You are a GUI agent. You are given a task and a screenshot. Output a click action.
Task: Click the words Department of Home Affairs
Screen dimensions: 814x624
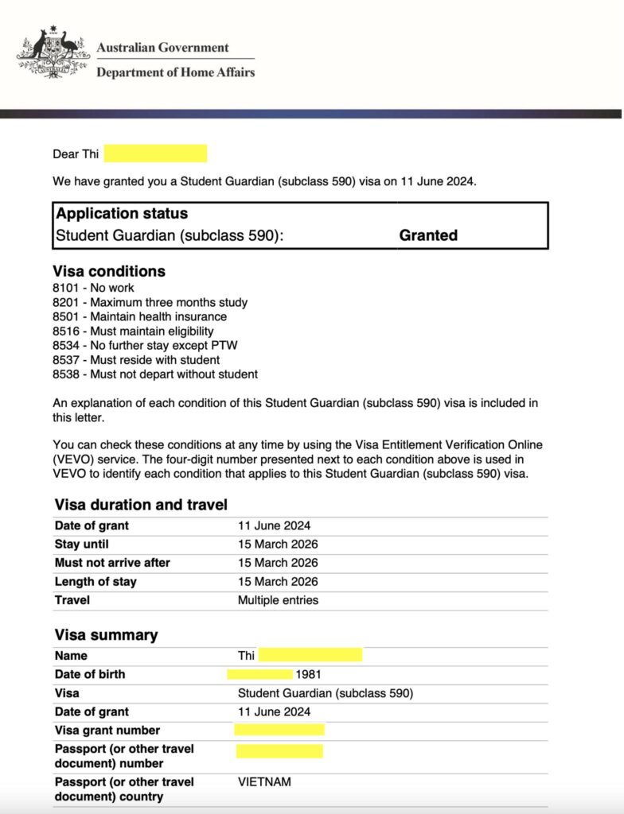175,72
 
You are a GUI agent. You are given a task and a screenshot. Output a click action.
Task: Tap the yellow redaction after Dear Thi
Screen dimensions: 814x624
155,153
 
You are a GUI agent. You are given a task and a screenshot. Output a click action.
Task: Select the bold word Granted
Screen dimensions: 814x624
428,235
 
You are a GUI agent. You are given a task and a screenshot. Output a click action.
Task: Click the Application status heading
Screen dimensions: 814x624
122,214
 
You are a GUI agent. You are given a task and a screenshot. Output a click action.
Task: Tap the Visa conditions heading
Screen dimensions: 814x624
109,271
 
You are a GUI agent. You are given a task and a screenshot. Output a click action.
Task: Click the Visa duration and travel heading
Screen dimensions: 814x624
141,505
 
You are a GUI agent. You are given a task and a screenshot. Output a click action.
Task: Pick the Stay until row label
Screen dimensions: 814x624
81,545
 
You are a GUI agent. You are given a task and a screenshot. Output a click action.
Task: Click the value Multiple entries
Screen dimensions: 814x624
278,600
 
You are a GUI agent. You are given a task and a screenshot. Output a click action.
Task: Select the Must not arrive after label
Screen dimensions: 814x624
112,563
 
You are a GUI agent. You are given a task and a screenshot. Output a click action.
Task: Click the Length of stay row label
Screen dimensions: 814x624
96,582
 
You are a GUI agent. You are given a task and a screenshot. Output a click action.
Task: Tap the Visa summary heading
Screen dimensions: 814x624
106,635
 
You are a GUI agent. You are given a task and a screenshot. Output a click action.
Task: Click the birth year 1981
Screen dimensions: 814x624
308,675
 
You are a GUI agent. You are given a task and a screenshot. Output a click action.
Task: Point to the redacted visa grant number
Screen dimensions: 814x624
279,730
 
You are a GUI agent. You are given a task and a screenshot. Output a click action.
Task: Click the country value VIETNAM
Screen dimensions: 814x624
264,782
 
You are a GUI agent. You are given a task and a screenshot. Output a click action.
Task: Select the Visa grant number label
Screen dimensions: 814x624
107,731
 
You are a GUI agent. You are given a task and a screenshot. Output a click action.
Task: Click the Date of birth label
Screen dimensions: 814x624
90,674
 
